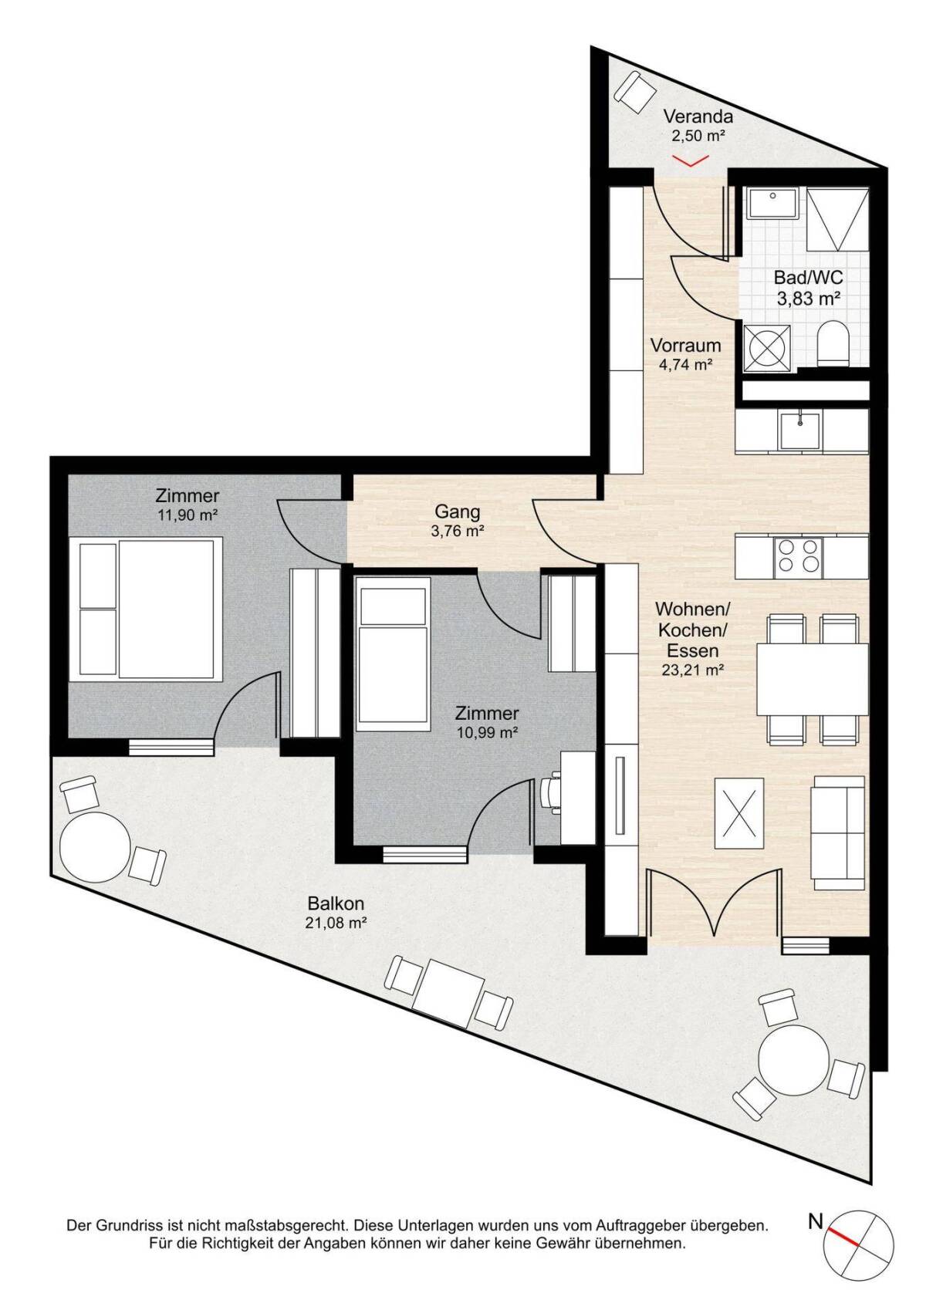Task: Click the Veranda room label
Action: point(698,116)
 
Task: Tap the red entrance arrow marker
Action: point(691,160)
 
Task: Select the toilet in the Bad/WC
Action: point(833,343)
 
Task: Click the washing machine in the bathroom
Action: point(767,348)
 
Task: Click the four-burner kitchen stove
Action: point(798,554)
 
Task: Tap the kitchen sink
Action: point(799,430)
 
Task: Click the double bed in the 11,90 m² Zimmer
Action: point(146,609)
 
